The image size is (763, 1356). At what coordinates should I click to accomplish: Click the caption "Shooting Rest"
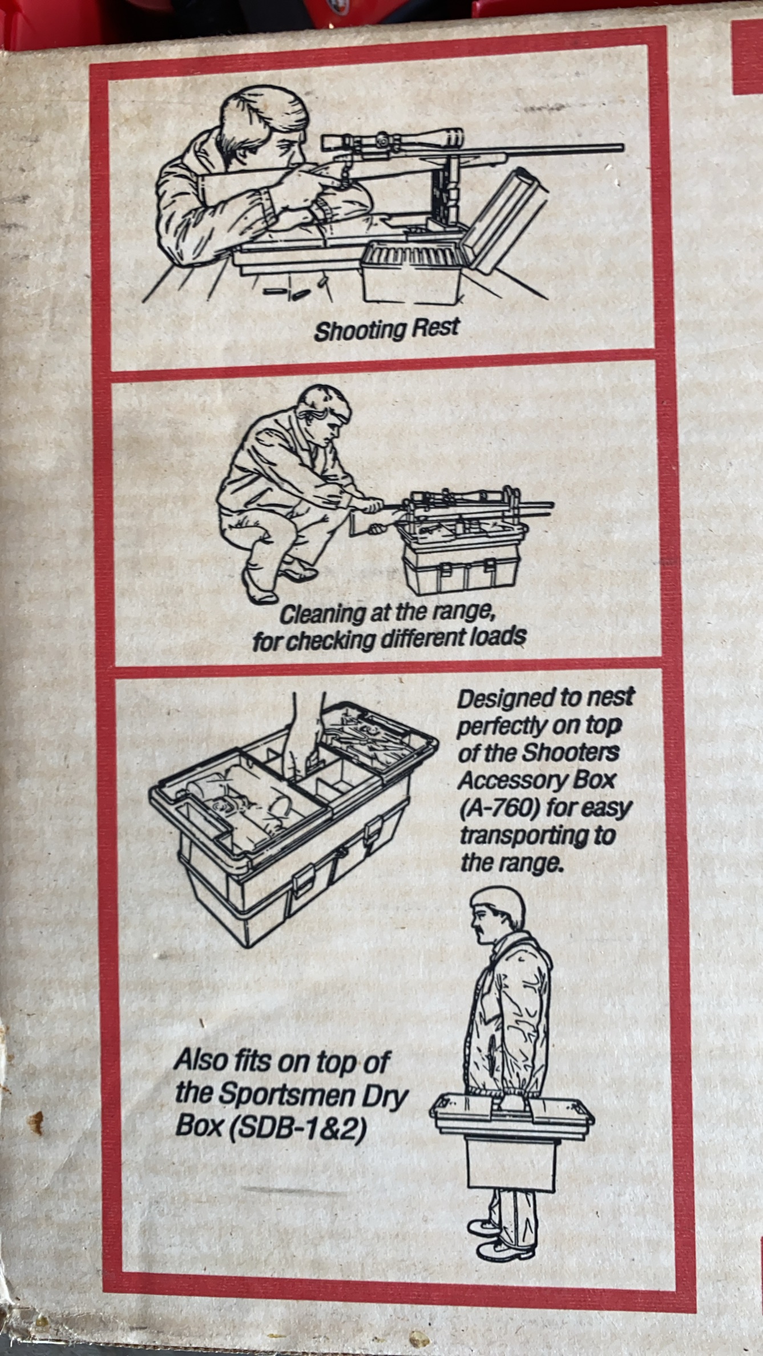[386, 329]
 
